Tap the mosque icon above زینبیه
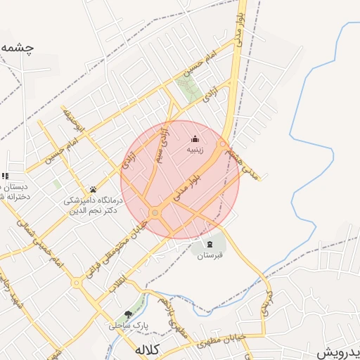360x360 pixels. (x=195, y=139)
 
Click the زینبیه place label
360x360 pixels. (x=195, y=150)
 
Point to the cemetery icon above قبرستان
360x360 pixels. (x=209, y=244)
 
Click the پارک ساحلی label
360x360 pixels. (x=125, y=326)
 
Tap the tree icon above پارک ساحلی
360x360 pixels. (x=127, y=314)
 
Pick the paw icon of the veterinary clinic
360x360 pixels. (x=93, y=189)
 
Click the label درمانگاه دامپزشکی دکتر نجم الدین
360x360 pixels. (x=94, y=205)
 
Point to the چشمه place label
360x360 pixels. (x=17, y=48)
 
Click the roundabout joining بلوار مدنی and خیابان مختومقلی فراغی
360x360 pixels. (x=155, y=212)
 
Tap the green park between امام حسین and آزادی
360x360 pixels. (x=188, y=91)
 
